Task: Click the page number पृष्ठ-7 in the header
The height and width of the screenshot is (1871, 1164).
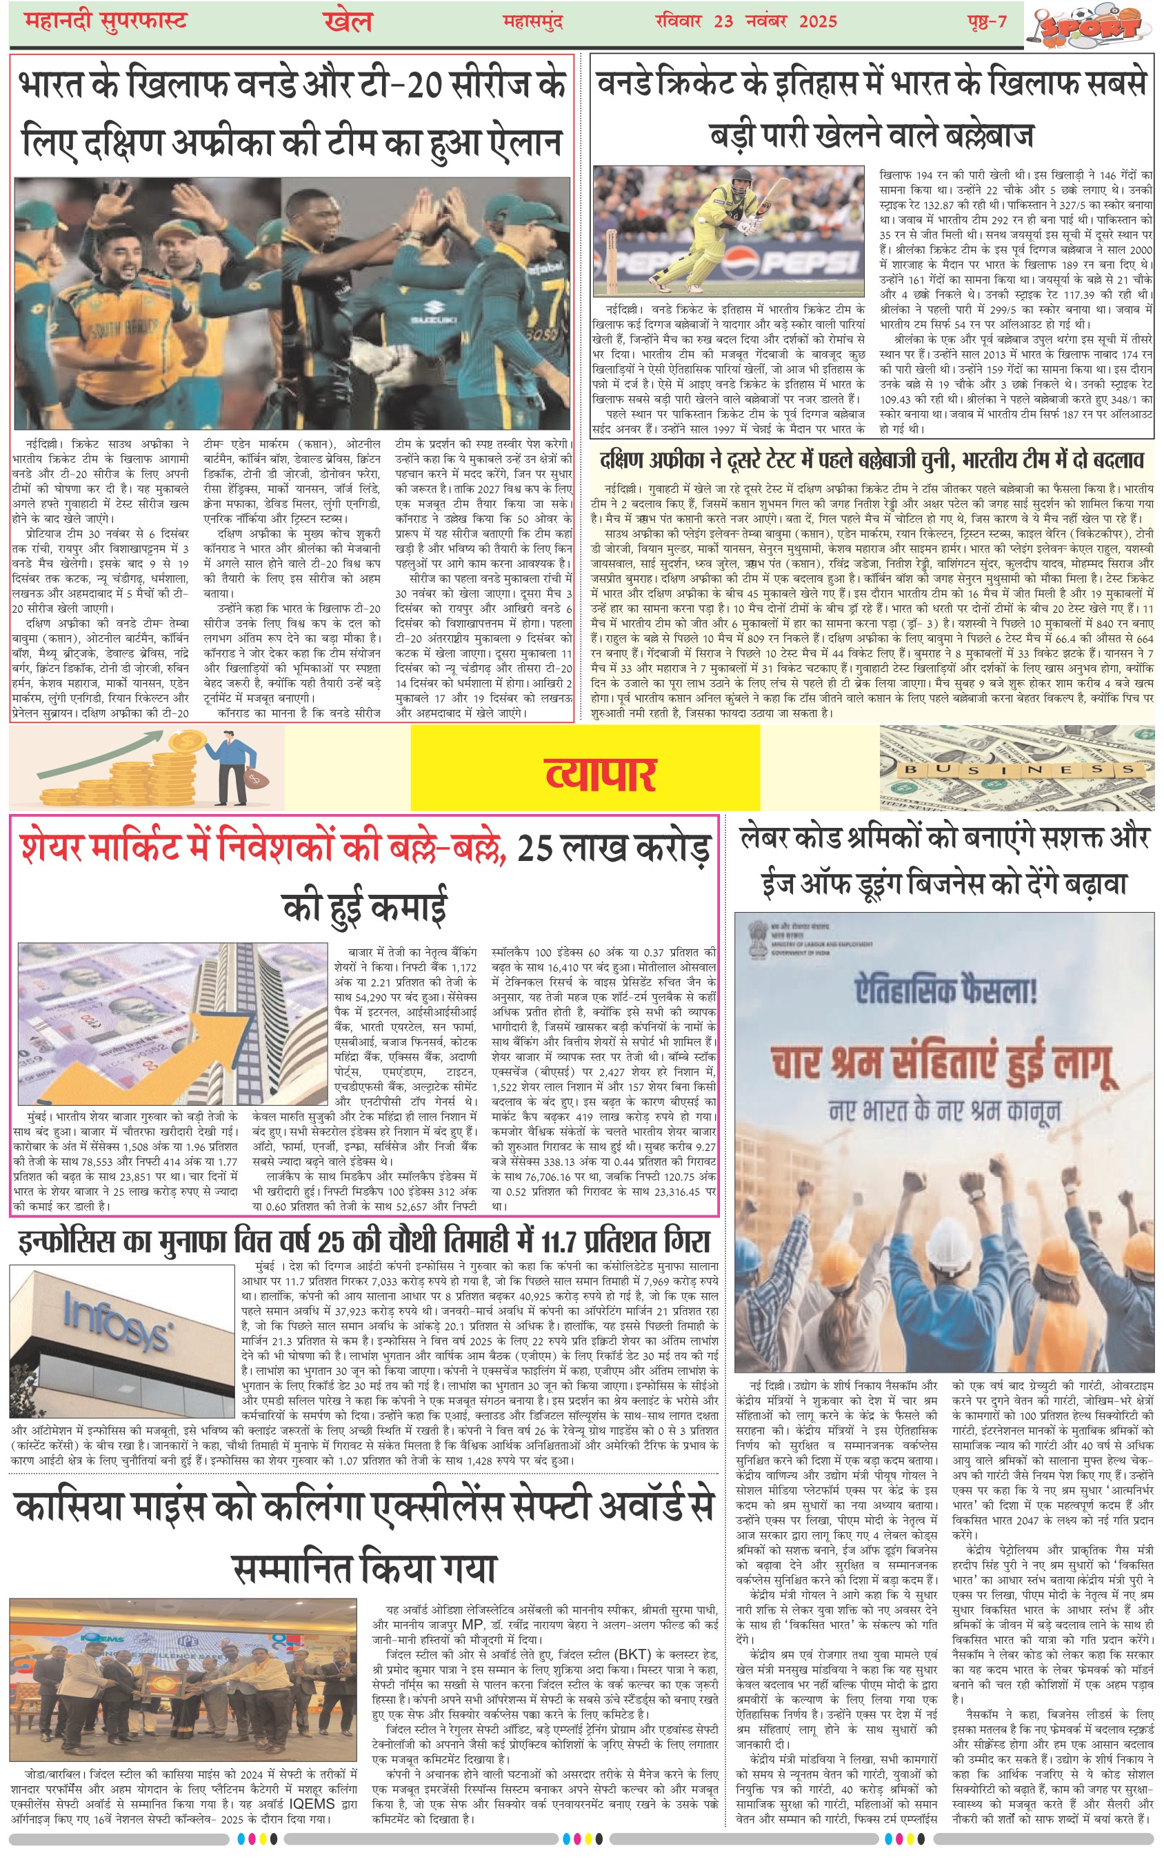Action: tap(987, 21)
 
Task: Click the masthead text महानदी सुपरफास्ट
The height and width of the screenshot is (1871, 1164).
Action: tap(106, 21)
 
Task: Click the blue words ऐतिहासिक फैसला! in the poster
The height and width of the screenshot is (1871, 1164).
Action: tap(946, 990)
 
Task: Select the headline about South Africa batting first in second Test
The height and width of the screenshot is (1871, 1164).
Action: tap(872, 459)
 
